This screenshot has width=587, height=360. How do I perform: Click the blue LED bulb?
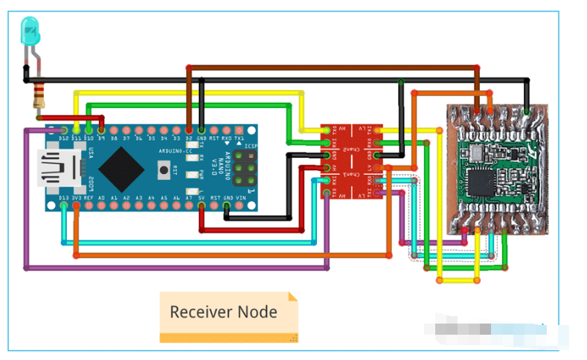click(x=31, y=31)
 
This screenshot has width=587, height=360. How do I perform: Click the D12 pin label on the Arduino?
click(x=64, y=138)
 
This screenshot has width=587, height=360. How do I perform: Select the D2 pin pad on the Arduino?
click(x=189, y=128)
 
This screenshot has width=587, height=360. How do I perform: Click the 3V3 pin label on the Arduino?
click(x=77, y=199)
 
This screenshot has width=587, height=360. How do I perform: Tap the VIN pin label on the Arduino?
click(x=240, y=199)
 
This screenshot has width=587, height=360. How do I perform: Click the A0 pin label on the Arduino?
click(x=102, y=199)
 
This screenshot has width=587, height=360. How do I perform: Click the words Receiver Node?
click(x=223, y=312)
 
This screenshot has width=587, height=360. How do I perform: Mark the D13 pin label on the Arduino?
click(x=64, y=199)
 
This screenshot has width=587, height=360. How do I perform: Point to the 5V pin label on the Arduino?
click(x=202, y=199)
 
